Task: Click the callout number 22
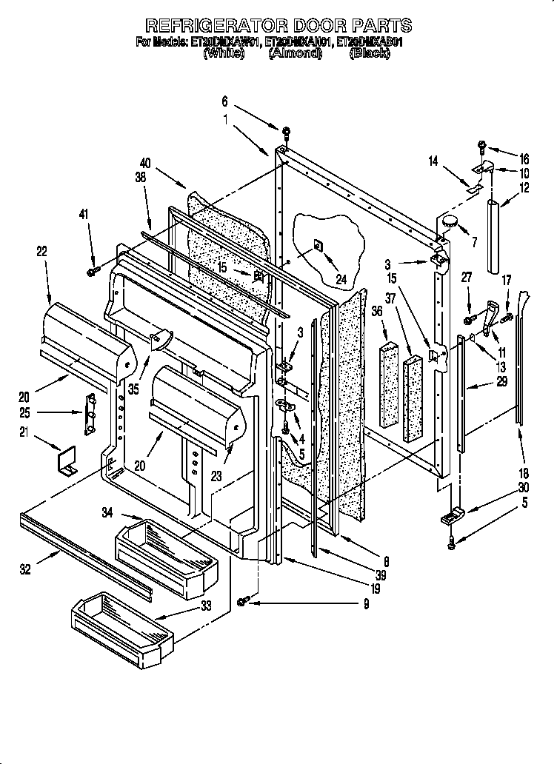pos(41,252)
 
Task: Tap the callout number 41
pos(84,215)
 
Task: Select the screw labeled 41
pos(93,272)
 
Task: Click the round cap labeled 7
pos(450,221)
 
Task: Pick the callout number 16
pos(524,158)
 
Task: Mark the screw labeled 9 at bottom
pos(242,603)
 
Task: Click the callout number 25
pos(24,412)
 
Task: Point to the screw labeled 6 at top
pos(284,133)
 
